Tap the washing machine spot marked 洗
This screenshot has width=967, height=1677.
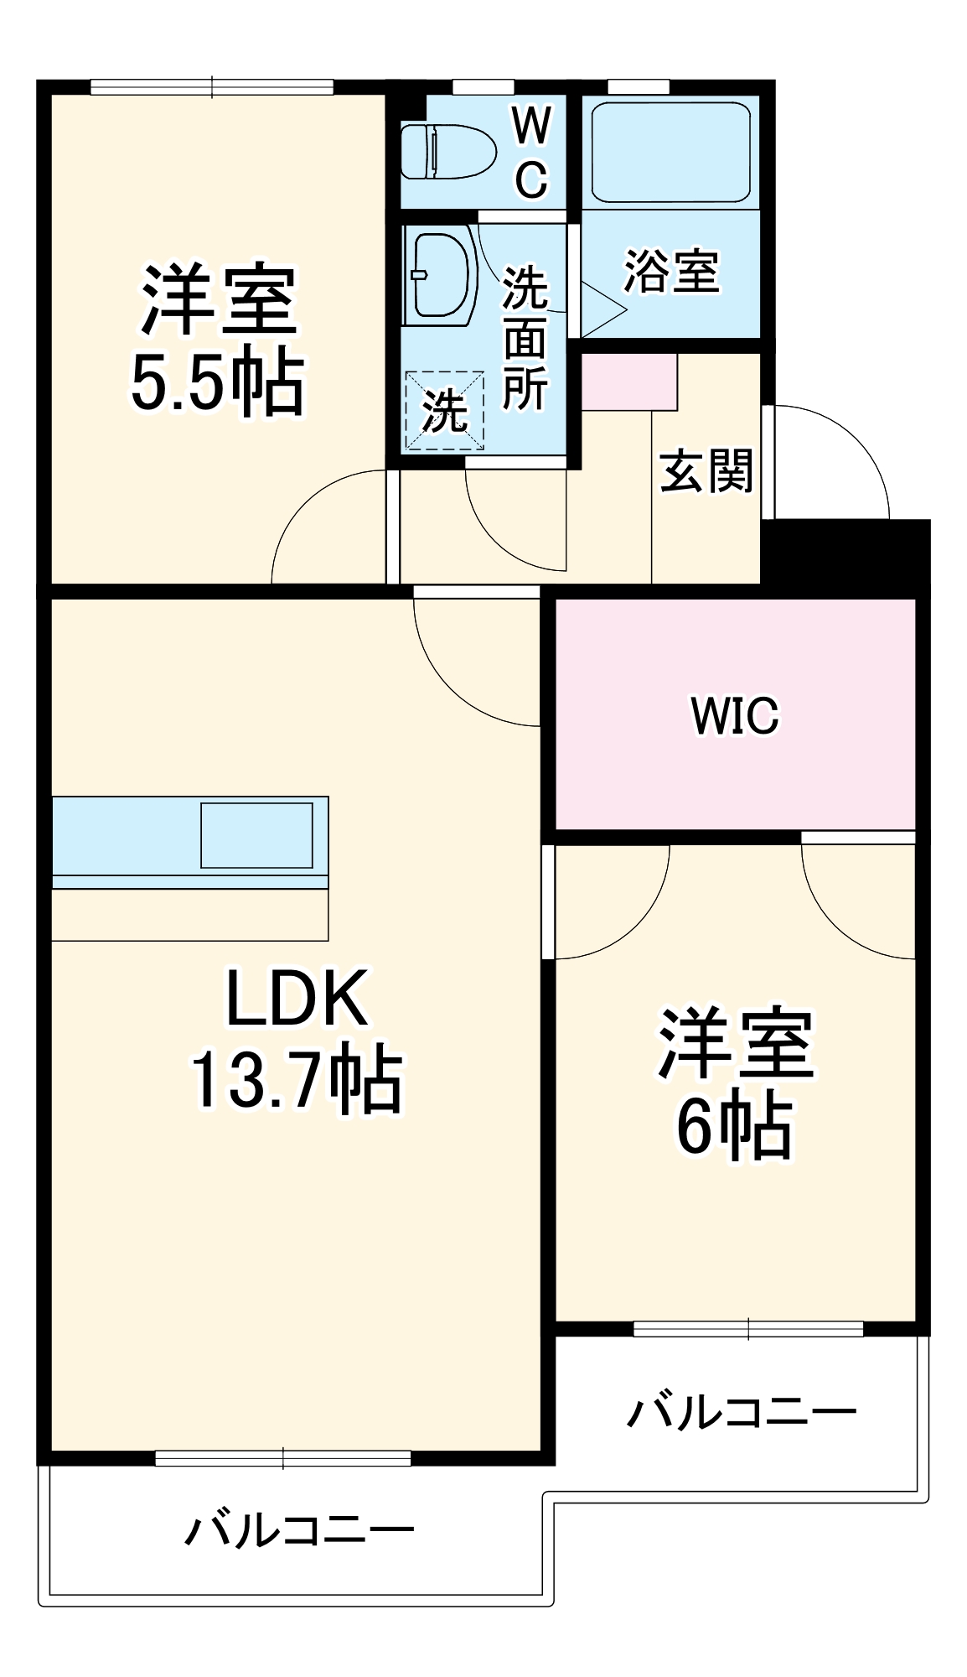[444, 411]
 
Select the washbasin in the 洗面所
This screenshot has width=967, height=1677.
[439, 275]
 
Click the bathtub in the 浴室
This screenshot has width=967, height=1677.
[670, 152]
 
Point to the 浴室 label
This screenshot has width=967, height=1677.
[670, 272]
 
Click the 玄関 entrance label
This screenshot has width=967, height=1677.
[706, 471]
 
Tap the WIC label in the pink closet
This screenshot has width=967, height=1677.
[734, 715]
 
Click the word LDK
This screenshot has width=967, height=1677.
[297, 998]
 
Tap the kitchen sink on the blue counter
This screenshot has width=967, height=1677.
[256, 835]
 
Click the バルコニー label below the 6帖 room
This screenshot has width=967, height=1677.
[742, 1412]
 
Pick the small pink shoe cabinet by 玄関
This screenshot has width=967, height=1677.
[628, 382]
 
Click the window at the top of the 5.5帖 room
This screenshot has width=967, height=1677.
[211, 87]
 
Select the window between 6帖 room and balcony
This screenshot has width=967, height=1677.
[747, 1328]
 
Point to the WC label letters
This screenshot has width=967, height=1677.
[531, 152]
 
